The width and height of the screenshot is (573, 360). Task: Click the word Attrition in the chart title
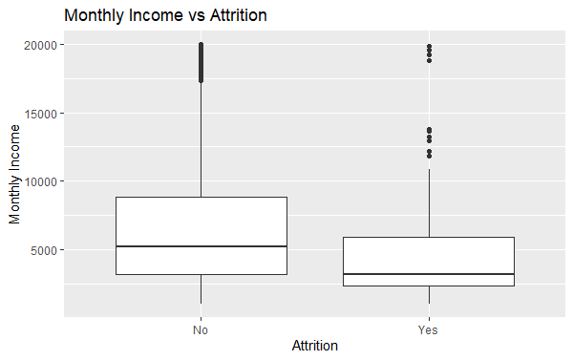pyautogui.click(x=233, y=15)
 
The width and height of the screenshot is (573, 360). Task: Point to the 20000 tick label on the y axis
pyautogui.click(x=41, y=45)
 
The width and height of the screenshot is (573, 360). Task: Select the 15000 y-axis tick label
pyautogui.click(x=41, y=113)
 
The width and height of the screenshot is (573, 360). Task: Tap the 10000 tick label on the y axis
pyautogui.click(x=41, y=181)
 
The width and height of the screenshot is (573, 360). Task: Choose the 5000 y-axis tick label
pyautogui.click(x=44, y=250)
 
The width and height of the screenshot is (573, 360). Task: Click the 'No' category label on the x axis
pyautogui.click(x=201, y=330)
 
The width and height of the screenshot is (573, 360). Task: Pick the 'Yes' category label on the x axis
pyautogui.click(x=429, y=330)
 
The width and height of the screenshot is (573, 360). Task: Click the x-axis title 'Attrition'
pyautogui.click(x=314, y=346)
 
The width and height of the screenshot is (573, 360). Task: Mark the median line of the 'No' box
pyautogui.click(x=201, y=246)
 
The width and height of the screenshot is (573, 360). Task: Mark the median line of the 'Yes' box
pyautogui.click(x=429, y=274)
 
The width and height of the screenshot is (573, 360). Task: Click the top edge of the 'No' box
pyautogui.click(x=201, y=198)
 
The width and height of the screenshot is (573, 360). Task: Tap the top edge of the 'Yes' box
pyautogui.click(x=429, y=237)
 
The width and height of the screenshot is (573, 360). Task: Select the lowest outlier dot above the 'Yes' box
pyautogui.click(x=429, y=156)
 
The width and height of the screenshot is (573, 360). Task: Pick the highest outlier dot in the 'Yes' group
pyautogui.click(x=429, y=46)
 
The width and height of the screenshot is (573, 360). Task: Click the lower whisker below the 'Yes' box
pyautogui.click(x=429, y=295)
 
